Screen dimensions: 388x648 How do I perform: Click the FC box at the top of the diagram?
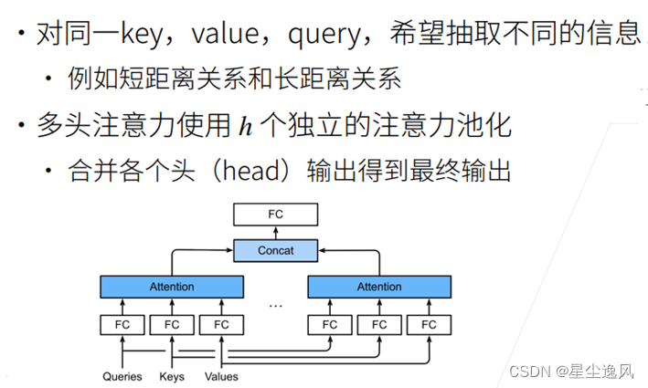pyautogui.click(x=276, y=215)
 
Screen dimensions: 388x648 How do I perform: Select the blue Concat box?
pyautogui.click(x=276, y=249)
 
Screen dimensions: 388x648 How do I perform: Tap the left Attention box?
pyautogui.click(x=172, y=287)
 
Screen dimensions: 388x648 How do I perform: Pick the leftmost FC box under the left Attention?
pyautogui.click(x=122, y=324)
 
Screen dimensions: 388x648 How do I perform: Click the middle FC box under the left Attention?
pyautogui.click(x=172, y=324)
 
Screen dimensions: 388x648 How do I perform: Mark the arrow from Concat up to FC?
pyautogui.click(x=276, y=232)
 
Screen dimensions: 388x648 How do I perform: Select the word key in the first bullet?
pyautogui.click(x=147, y=34)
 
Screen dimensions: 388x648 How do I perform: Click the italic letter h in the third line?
pyautogui.click(x=244, y=125)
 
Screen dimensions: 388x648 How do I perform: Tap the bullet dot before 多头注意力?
pyautogui.click(x=21, y=125)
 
